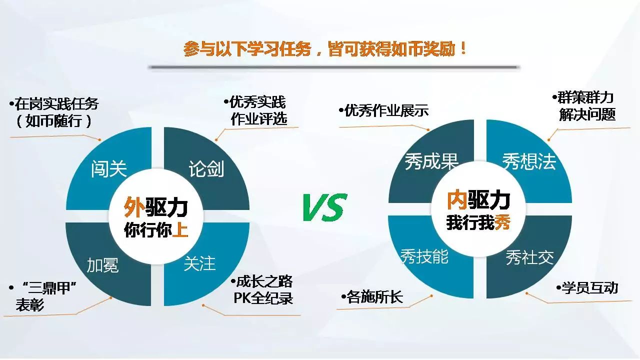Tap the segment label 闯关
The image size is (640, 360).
click(109, 169)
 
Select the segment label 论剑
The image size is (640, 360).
click(206, 169)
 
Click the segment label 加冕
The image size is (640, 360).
click(102, 265)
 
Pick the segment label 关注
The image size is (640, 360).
click(199, 263)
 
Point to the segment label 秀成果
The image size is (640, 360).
click(431, 161)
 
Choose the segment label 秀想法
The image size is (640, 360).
click(529, 161)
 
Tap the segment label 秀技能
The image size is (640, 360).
click(424, 256)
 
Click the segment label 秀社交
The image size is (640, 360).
click(529, 257)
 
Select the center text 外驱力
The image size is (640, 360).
click(155, 207)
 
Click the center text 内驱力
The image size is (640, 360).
click(478, 199)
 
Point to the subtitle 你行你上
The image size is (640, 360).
click(156, 229)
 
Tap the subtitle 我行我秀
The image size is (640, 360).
click(478, 222)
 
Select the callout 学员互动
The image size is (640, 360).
click(587, 287)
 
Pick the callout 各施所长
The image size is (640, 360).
click(372, 297)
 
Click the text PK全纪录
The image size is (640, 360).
click(263, 298)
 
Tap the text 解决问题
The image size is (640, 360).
click(587, 114)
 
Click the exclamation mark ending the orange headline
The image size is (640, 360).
click(463, 48)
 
